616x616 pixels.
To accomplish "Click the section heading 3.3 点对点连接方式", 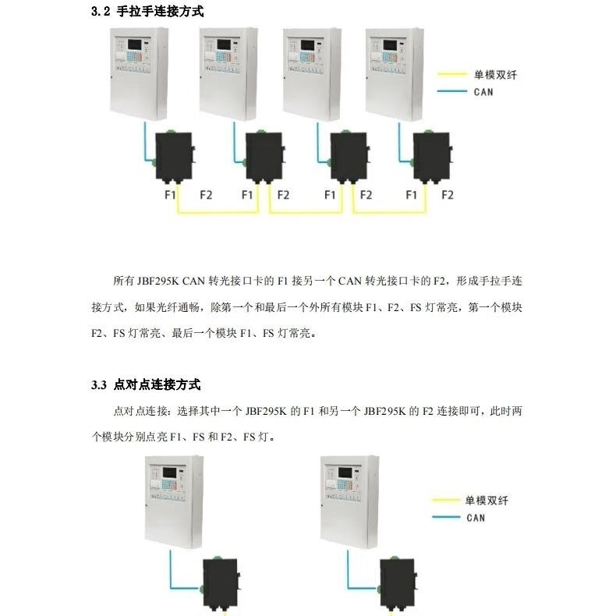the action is coord(146,384).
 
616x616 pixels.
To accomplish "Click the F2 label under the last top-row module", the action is coord(447,195).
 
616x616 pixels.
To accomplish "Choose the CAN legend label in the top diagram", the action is coord(483,92).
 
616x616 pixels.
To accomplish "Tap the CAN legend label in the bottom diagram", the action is coord(476,518).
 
